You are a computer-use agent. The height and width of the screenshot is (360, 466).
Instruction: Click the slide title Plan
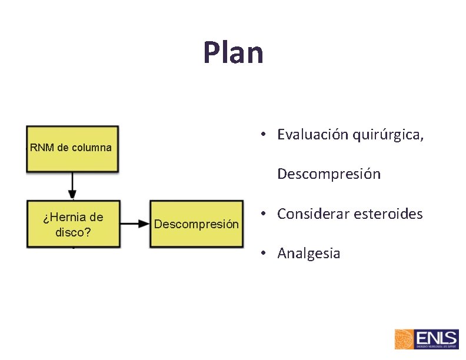point(233,52)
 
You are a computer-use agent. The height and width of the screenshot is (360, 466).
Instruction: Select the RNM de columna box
point(72,148)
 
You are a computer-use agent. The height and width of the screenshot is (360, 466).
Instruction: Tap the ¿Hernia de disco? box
point(73,224)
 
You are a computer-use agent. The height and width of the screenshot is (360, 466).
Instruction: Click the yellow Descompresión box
point(197,224)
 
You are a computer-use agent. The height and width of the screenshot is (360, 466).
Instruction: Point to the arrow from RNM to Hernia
point(72,186)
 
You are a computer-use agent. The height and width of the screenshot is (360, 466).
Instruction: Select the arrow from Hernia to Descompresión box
point(135,224)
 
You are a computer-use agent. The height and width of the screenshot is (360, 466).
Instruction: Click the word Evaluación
point(312,135)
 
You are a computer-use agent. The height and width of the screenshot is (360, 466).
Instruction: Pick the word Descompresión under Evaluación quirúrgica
point(329,174)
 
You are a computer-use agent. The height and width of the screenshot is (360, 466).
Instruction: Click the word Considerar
point(313,214)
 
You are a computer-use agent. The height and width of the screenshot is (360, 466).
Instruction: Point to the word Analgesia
point(309,254)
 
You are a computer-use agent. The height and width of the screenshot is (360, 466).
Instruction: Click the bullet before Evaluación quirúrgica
point(266,135)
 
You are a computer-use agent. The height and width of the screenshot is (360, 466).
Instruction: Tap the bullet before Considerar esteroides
point(266,214)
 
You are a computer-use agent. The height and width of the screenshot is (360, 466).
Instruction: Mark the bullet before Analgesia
point(266,254)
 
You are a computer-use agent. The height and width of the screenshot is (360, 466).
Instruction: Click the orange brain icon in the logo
point(404,339)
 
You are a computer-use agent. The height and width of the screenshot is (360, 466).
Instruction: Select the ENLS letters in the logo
point(436,338)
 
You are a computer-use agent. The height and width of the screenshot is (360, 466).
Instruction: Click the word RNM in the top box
point(41,148)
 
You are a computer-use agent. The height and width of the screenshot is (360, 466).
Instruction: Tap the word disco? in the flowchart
point(73,232)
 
